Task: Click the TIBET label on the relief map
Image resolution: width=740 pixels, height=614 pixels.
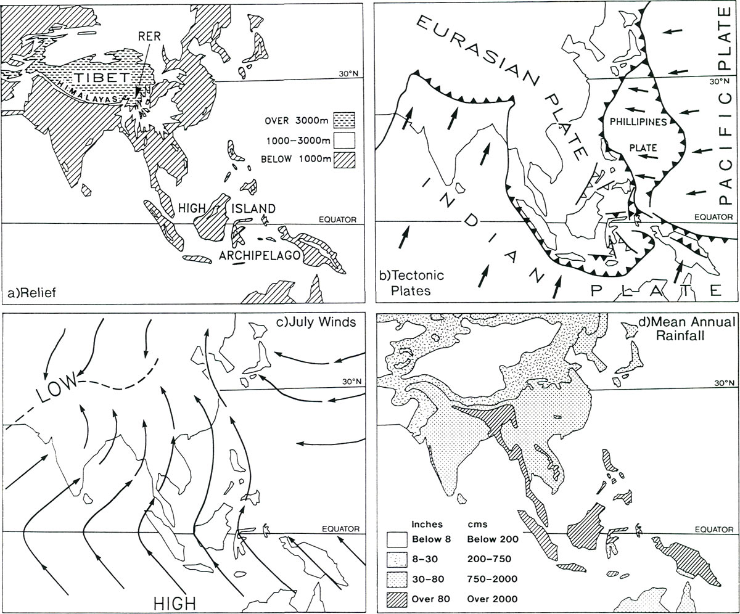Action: click(x=101, y=79)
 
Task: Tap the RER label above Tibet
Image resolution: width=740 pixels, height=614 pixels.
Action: click(x=149, y=36)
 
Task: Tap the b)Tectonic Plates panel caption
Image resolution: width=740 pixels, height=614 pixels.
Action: click(x=411, y=282)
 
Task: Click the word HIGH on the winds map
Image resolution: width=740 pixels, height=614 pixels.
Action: click(x=173, y=601)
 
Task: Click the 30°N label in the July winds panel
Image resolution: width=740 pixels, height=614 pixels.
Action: click(x=348, y=382)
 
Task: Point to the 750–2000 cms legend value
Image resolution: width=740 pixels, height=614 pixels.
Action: click(x=491, y=579)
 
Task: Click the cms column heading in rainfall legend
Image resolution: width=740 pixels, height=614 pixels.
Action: click(x=477, y=525)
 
